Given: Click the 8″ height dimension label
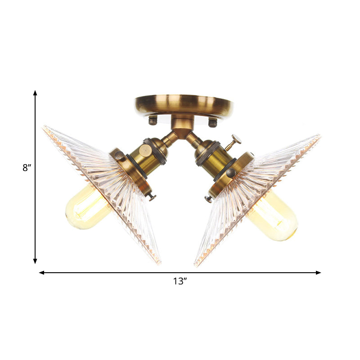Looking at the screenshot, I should tap(27, 168).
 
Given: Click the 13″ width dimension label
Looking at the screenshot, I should tap(180, 282).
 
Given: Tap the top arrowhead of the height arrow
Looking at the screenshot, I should tap(35, 93).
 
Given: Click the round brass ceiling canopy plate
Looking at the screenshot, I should tap(184, 104).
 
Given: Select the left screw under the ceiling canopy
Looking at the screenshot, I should tap(153, 120).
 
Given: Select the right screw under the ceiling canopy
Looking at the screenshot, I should tap(212, 121).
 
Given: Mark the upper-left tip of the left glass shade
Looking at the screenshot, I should tap(44, 128).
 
